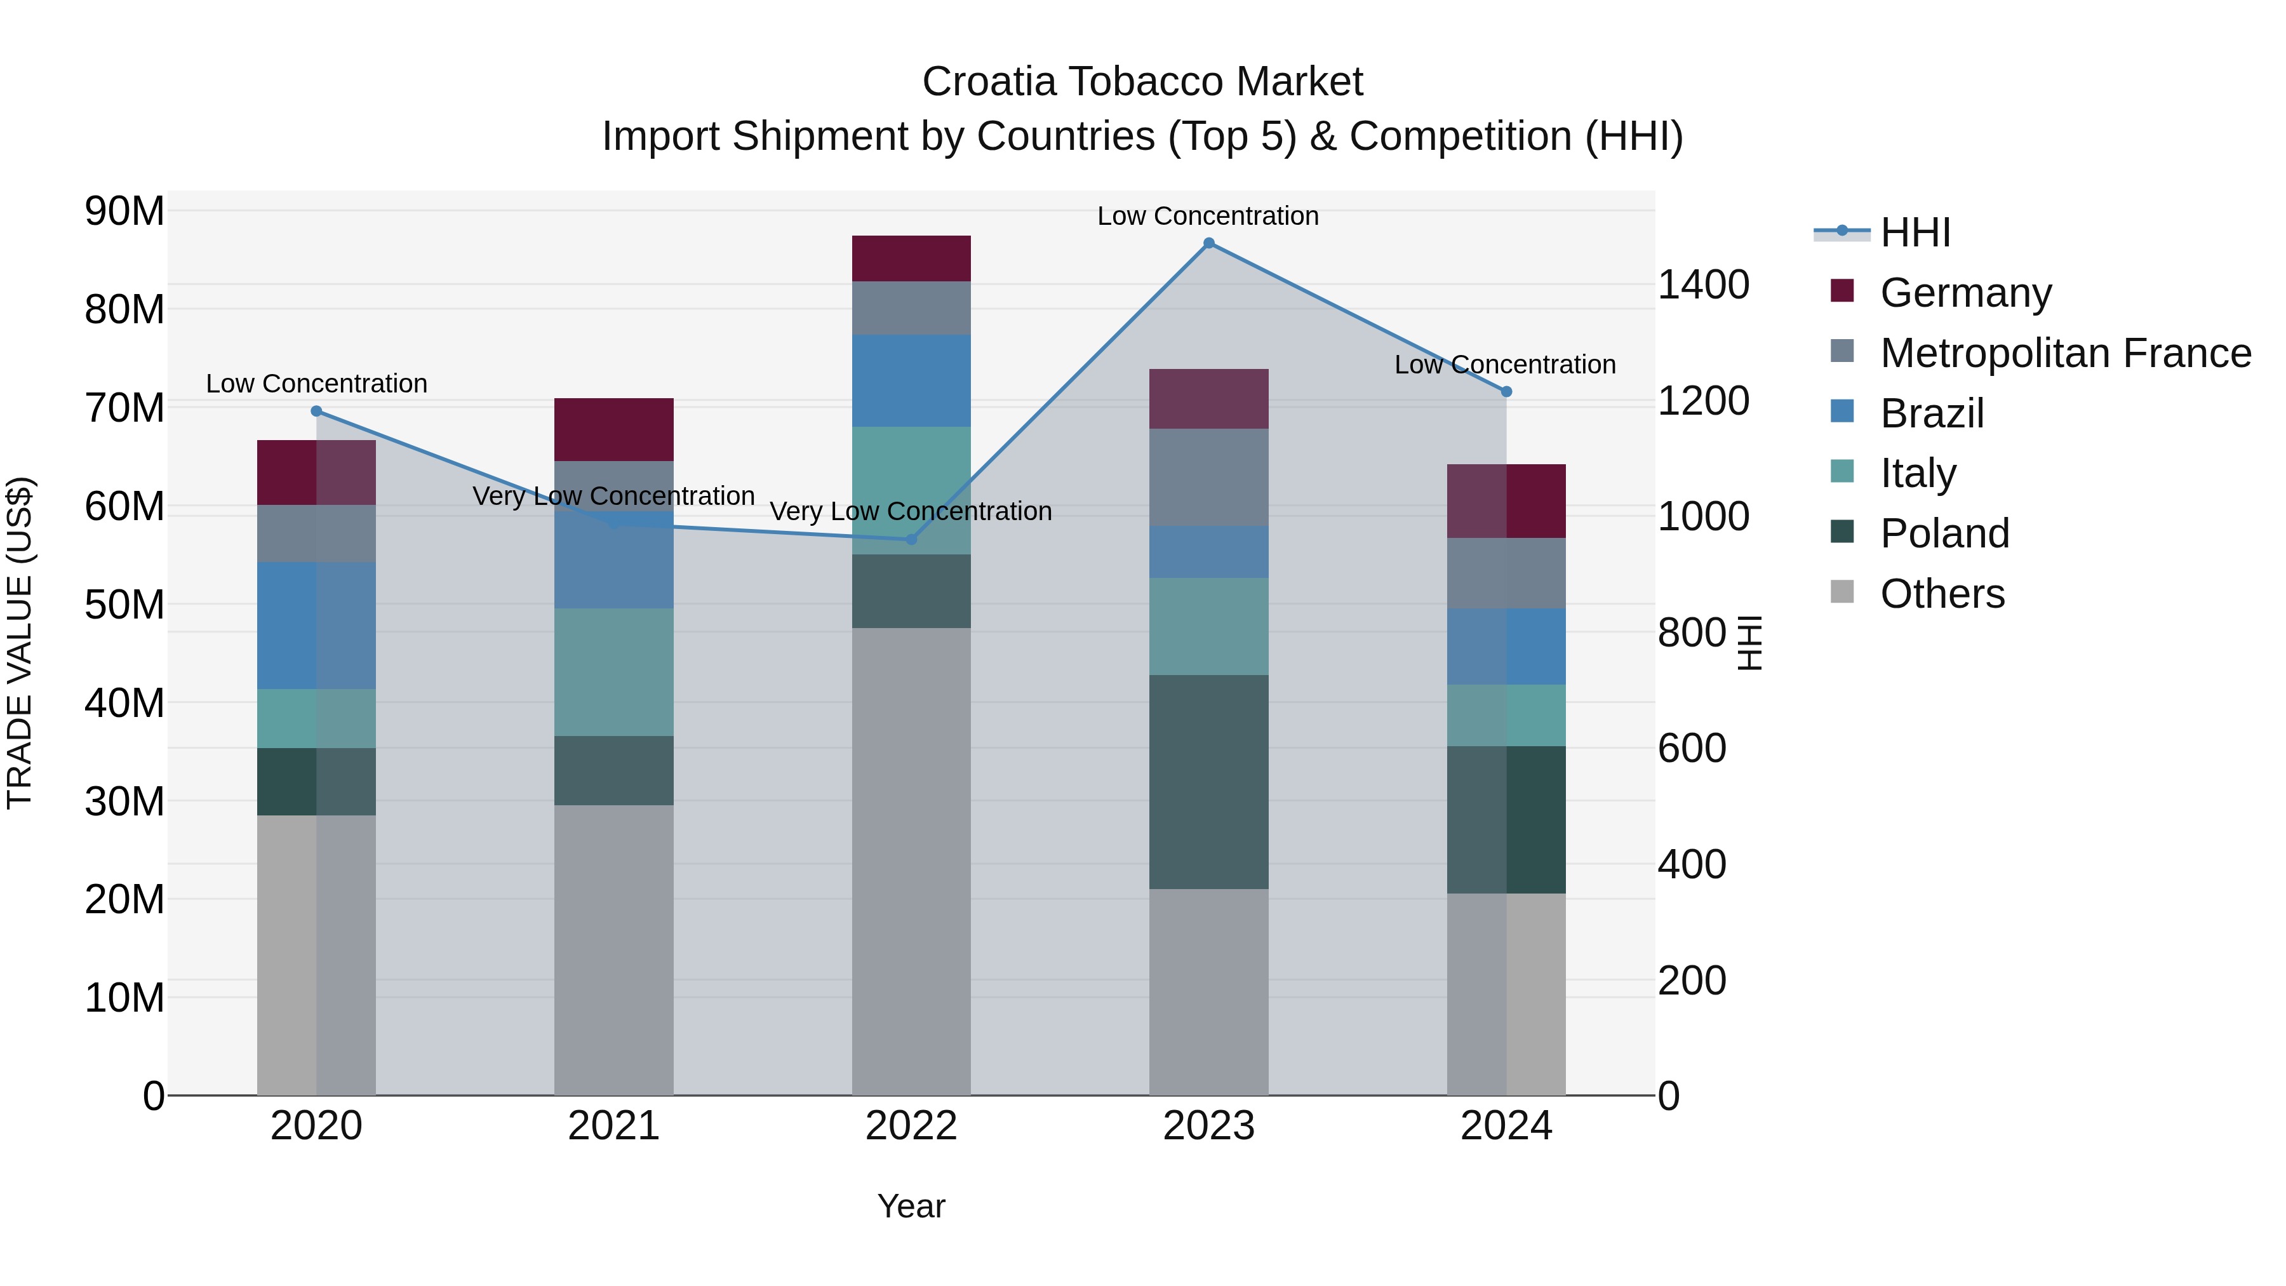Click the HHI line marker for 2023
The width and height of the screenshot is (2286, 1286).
pos(1208,243)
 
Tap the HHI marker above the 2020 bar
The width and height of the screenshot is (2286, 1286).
pos(317,411)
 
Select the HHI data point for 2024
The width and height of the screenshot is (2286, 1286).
pos(1506,391)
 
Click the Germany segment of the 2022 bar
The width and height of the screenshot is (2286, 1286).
pos(911,258)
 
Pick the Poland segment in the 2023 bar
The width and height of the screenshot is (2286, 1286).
pos(1208,782)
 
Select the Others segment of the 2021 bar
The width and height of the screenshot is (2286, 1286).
pos(614,949)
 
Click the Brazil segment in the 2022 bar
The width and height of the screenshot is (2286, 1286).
pos(911,381)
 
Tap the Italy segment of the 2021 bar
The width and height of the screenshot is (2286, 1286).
pos(614,672)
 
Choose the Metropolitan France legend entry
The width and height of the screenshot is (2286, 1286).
pos(2065,353)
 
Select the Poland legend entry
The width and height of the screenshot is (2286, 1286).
pos(1944,533)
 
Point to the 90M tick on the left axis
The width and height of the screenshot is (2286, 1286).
pos(124,211)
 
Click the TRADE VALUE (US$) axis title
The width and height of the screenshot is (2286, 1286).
pos(20,643)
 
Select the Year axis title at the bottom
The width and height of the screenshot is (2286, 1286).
pos(911,1206)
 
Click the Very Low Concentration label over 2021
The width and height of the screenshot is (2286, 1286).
pos(614,496)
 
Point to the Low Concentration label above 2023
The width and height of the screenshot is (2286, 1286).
pos(1208,216)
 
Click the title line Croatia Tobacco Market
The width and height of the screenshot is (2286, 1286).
pos(1142,82)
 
